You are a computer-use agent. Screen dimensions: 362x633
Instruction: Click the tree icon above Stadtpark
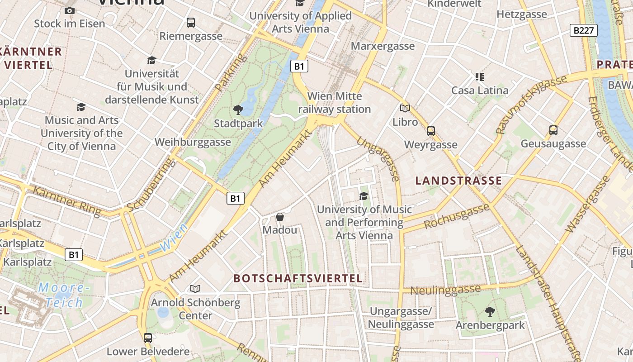238,110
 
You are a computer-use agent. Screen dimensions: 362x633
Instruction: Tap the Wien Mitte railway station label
335,103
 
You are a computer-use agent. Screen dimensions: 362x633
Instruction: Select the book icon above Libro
405,108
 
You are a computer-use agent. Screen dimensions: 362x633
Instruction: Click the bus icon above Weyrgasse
431,131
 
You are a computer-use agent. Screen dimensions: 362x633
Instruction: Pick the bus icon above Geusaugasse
553,130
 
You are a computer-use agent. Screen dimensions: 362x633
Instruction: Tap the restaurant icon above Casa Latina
479,76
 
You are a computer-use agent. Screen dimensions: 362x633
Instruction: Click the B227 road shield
583,30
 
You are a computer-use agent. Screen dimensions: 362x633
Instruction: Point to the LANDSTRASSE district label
458,181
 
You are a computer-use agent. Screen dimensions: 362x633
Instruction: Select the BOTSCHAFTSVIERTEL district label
298,278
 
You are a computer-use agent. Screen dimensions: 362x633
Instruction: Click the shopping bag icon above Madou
280,217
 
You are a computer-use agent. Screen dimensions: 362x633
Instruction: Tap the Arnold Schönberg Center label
196,309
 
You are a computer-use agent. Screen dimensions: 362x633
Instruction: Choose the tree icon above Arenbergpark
490,311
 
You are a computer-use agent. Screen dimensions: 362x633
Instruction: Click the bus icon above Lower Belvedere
148,338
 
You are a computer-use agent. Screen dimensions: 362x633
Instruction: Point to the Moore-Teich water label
61,295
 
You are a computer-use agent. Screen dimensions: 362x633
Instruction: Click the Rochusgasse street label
457,217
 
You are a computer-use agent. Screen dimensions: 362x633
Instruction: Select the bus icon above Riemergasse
191,22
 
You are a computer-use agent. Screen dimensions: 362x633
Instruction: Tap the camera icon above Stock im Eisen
69,10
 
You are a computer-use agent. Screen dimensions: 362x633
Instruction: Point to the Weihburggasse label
193,142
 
